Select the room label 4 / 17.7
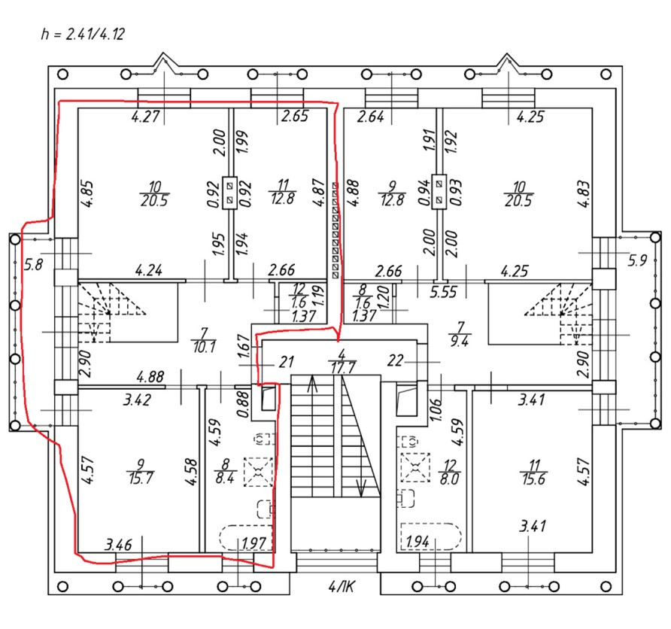coord(342,362)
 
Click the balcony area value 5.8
coord(33,265)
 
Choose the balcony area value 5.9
coord(637,262)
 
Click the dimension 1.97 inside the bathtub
coord(254,542)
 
